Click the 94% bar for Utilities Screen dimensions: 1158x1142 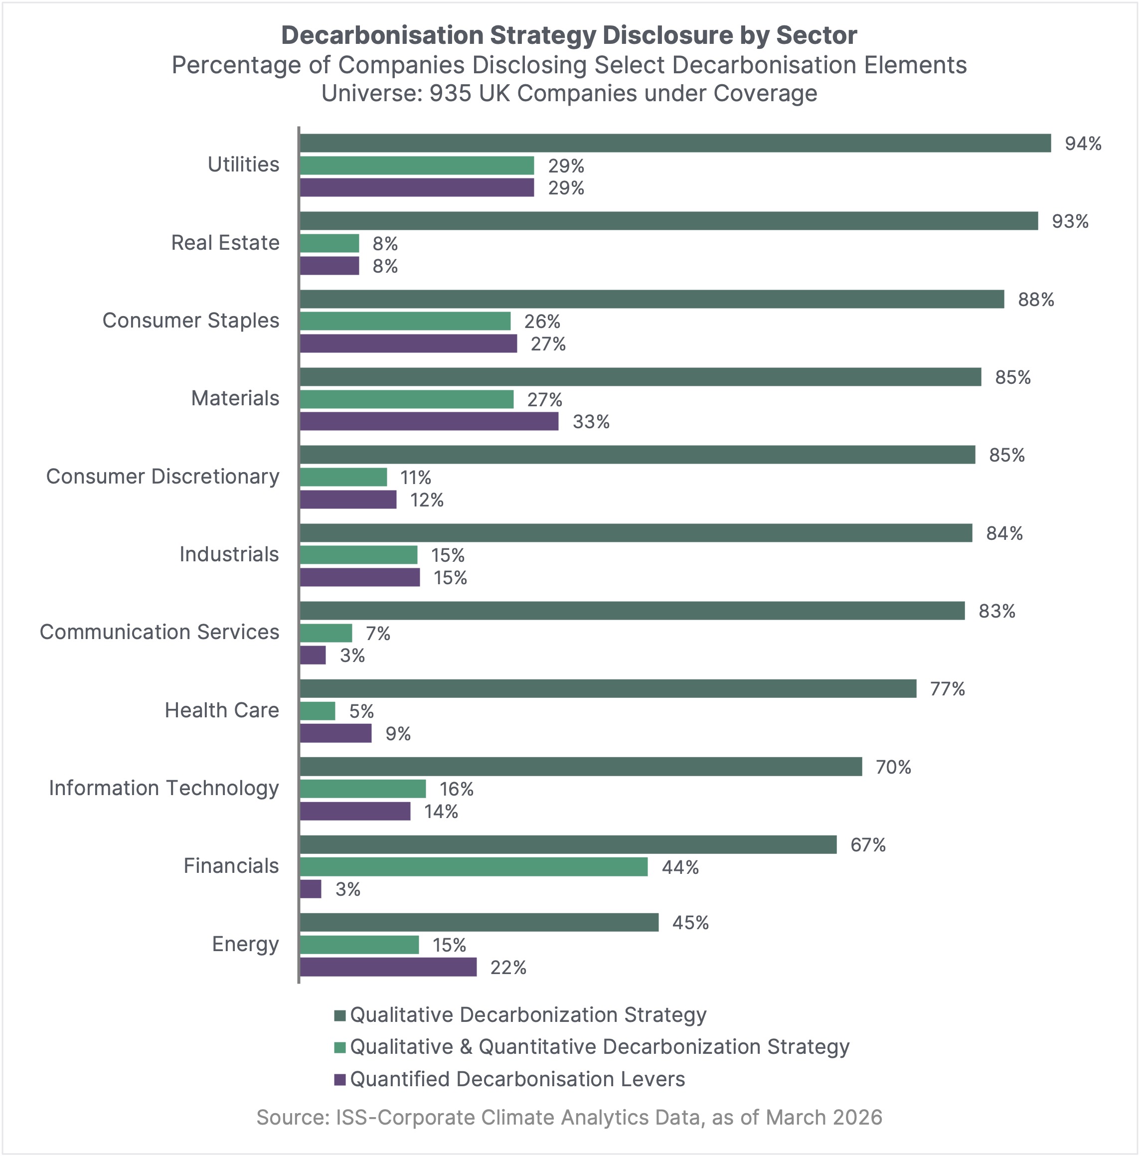tap(674, 143)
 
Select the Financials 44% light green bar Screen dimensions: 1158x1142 tap(474, 867)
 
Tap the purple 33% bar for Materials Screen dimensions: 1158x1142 tap(429, 421)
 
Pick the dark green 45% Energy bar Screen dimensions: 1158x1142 tap(479, 922)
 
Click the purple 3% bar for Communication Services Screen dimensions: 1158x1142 tap(313, 655)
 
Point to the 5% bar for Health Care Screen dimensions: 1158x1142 tap(317, 711)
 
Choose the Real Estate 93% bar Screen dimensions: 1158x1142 tap(668, 221)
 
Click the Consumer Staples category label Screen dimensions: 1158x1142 tap(190, 321)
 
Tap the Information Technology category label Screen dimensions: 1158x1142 tap(163, 788)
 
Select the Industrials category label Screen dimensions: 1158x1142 tap(229, 554)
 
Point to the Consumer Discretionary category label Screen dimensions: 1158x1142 tap(163, 477)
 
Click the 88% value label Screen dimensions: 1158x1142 tap(1036, 300)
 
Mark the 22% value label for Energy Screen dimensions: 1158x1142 tap(508, 968)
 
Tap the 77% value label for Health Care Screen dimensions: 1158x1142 tap(947, 689)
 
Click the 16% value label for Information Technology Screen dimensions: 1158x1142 tap(456, 790)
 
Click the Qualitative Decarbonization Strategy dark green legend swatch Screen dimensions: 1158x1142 tap(340, 1015)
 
